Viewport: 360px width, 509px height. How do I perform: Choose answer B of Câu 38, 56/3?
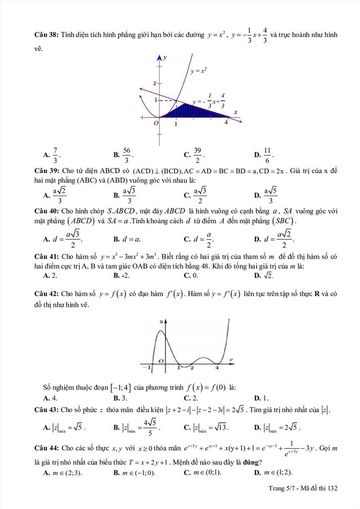click(124, 154)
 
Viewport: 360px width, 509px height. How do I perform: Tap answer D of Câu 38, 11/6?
click(266, 154)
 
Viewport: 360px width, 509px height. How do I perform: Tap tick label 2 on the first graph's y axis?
click(155, 84)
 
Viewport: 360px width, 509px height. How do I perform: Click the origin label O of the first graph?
click(156, 123)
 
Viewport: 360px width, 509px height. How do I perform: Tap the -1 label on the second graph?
click(149, 366)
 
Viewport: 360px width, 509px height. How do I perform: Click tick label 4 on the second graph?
click(218, 367)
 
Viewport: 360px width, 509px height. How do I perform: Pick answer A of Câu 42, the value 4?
click(50, 398)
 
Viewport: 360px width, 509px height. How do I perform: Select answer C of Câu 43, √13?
click(201, 426)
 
